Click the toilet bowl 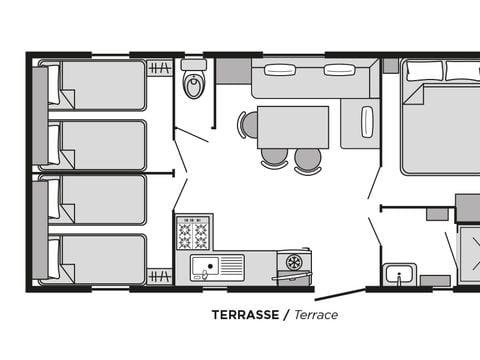click(194, 87)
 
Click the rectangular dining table click(292, 127)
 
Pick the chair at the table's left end click(248, 125)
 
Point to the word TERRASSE click(245, 314)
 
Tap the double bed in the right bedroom click(440, 125)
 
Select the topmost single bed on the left click(96, 85)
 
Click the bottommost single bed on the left click(96, 259)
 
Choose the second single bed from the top click(96, 145)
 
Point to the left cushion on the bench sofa click(280, 70)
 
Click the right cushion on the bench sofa click(339, 70)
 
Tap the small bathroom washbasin click(400, 275)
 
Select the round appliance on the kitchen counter click(294, 262)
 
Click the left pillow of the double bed click(424, 70)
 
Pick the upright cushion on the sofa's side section click(367, 122)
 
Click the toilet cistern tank click(194, 65)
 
